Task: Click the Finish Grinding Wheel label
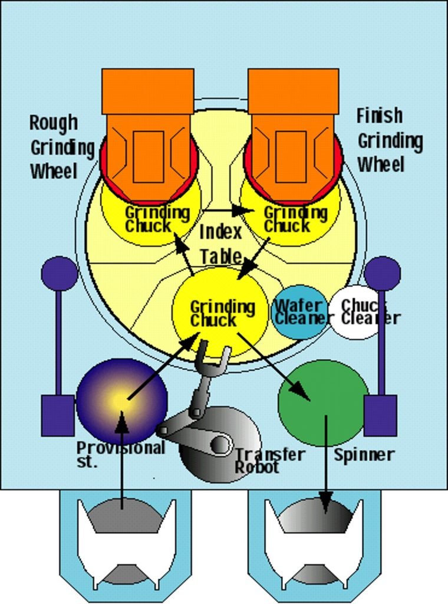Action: click(x=388, y=140)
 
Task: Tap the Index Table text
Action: click(x=220, y=244)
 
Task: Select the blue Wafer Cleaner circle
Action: click(x=299, y=312)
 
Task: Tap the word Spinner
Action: click(x=364, y=455)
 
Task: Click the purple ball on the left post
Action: click(x=59, y=273)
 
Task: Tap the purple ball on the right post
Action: click(x=382, y=273)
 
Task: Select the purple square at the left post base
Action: click(x=58, y=415)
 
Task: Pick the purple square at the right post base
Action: click(x=380, y=415)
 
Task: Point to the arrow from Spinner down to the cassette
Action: click(x=325, y=466)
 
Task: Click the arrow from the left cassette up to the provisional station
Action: click(x=122, y=460)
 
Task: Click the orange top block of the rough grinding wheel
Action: click(x=147, y=91)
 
